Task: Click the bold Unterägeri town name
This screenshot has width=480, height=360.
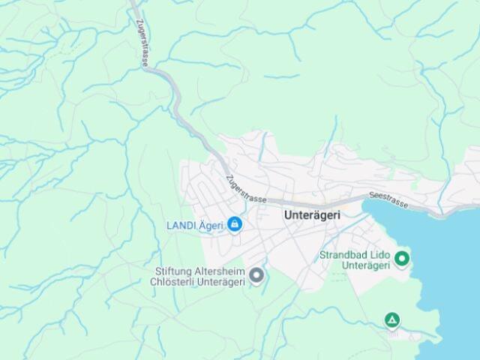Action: point(312,214)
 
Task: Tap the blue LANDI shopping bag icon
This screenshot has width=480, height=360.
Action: point(235,224)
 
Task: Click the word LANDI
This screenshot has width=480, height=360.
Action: point(181,224)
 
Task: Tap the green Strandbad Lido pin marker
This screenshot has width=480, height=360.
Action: point(402,259)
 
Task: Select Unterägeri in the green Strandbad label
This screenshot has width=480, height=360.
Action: point(365,265)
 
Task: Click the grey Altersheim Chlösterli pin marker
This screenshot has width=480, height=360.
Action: point(256,276)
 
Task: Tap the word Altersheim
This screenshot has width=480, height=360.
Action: point(220,271)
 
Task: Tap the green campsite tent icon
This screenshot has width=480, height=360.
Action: point(391,320)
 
